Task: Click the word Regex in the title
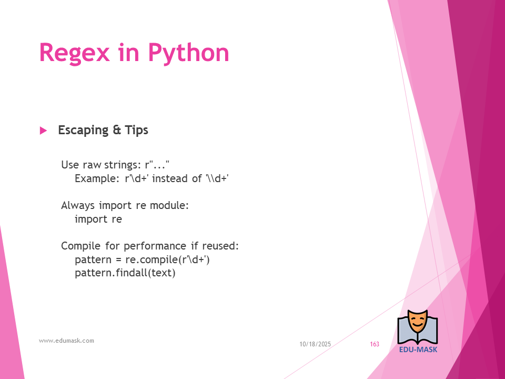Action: pyautogui.click(x=74, y=53)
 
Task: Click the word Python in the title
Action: pyautogui.click(x=188, y=53)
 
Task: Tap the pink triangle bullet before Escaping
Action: pyautogui.click(x=43, y=131)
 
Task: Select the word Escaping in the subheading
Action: pyautogui.click(x=84, y=130)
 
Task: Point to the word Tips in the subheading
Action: pyautogui.click(x=137, y=130)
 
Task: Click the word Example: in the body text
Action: pyautogui.click(x=97, y=178)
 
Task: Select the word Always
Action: pyautogui.click(x=78, y=206)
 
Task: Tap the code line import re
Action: pyautogui.click(x=98, y=219)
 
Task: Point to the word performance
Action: pyautogui.click(x=155, y=246)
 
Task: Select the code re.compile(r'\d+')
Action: pyautogui.click(x=167, y=260)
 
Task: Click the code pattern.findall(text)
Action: pyautogui.click(x=125, y=273)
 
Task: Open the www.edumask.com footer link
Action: pyautogui.click(x=66, y=341)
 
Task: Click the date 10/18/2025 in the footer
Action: pyautogui.click(x=315, y=344)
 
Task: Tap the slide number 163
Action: pyautogui.click(x=375, y=344)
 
